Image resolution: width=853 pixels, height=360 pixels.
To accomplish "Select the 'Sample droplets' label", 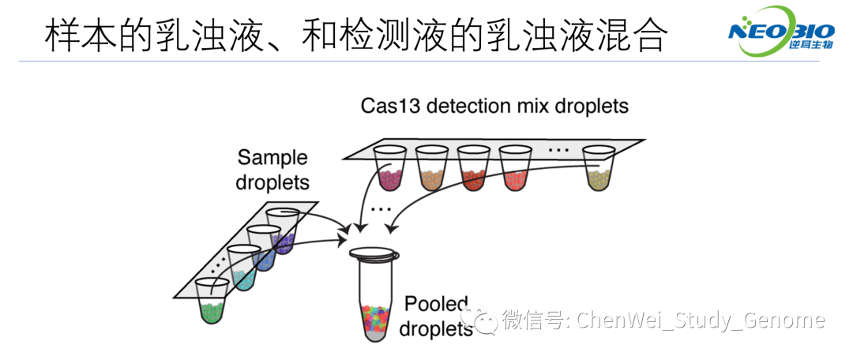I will point(272,170).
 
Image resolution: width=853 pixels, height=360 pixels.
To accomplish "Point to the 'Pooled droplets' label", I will point(436,316).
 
